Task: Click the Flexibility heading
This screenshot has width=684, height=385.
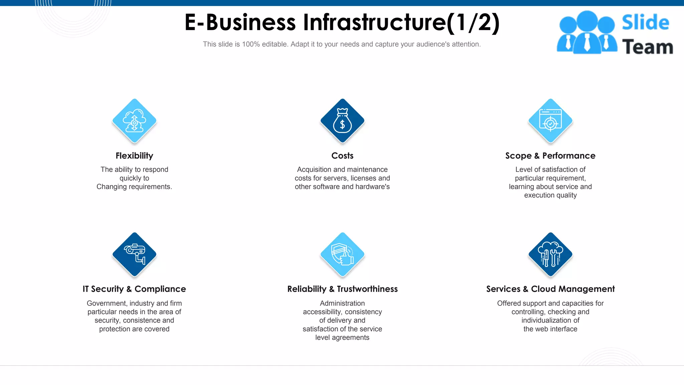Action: click(134, 156)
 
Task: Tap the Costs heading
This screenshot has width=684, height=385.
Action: click(342, 156)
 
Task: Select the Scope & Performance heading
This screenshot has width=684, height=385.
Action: click(550, 156)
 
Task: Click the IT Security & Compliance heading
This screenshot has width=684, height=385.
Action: click(134, 289)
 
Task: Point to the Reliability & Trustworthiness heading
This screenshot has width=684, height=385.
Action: click(342, 289)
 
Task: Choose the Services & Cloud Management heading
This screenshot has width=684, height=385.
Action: click(550, 289)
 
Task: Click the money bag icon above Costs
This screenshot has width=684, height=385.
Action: click(342, 121)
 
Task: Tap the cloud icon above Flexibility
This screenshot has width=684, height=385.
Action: click(134, 121)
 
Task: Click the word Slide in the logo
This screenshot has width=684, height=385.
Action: click(645, 23)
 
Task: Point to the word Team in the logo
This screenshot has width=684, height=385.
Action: click(647, 47)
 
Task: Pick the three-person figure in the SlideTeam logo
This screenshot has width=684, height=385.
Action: click(587, 33)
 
